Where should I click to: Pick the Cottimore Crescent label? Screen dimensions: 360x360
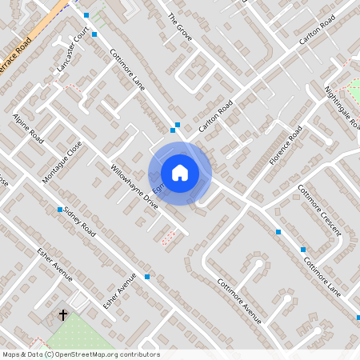pos(319,210)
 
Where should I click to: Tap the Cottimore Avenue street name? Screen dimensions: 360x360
pos(240,300)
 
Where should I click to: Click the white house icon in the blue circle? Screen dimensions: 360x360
pos(180,173)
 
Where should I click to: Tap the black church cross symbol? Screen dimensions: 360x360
pos(63,316)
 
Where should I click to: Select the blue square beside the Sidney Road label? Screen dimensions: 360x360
pos(60,210)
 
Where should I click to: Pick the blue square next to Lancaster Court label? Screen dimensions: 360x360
pos(94,34)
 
